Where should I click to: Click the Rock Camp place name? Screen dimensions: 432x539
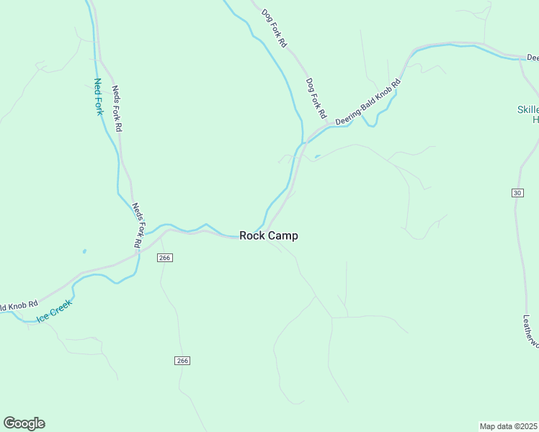pos(268,235)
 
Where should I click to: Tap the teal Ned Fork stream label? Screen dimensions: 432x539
pos(99,97)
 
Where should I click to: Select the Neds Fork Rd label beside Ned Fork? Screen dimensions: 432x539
pos(117,109)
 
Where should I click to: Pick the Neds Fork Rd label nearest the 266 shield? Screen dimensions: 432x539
pos(138,226)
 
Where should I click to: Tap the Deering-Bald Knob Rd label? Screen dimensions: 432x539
pos(367,102)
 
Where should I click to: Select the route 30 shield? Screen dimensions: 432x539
pos(517,192)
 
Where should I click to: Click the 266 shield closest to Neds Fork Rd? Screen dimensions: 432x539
pos(165,258)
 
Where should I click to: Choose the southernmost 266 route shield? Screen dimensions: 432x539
pos(182,360)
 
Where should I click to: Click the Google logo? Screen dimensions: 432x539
pos(24,423)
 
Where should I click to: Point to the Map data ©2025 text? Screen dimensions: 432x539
pos(508,426)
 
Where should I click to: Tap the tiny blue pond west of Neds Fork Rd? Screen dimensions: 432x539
pos(84,251)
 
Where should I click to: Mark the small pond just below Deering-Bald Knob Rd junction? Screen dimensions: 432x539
pos(317,156)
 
